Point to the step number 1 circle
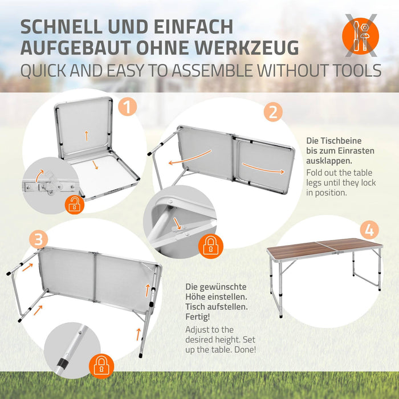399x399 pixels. coord(127,106)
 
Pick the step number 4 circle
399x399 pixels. coord(369,230)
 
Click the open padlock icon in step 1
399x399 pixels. coord(74,203)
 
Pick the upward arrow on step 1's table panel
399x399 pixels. coord(86,135)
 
